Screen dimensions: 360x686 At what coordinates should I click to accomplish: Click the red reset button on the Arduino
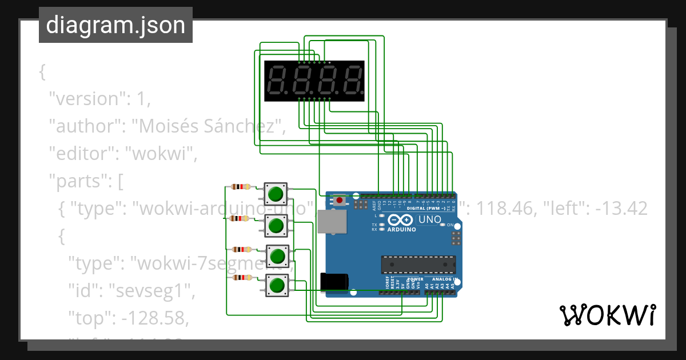(340, 200)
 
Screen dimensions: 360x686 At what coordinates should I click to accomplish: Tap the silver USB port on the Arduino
(332, 222)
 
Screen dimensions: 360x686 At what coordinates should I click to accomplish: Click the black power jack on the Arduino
(335, 281)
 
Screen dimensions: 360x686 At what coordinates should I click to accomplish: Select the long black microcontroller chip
(418, 265)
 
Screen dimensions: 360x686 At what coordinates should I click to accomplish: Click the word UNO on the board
(430, 219)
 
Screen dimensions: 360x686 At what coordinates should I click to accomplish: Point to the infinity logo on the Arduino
(398, 220)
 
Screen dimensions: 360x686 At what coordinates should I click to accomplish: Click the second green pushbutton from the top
(276, 226)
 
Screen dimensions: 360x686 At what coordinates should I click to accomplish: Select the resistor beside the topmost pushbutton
(241, 186)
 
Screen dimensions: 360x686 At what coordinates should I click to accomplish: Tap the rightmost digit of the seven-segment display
(353, 81)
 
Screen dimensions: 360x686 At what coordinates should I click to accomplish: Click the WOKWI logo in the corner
(608, 315)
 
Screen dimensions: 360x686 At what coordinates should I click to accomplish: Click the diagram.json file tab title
(115, 25)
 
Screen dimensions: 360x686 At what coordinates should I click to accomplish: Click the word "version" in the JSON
(86, 99)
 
